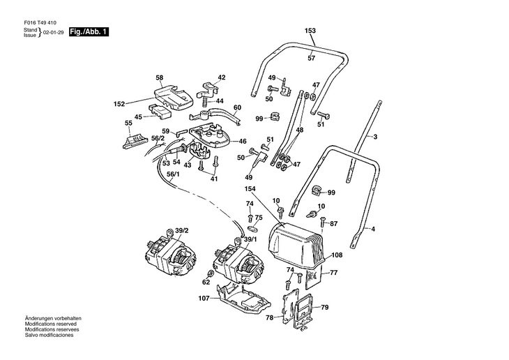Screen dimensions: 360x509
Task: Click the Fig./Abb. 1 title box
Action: pyautogui.click(x=89, y=32)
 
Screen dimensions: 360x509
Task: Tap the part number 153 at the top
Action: pyautogui.click(x=310, y=31)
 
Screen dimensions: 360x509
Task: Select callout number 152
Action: pyautogui.click(x=119, y=104)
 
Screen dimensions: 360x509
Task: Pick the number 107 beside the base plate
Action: pyautogui.click(x=204, y=299)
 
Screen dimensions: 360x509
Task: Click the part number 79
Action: pyautogui.click(x=324, y=307)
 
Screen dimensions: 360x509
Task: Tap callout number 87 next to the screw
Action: pyautogui.click(x=333, y=223)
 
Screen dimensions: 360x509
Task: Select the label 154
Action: pyautogui.click(x=251, y=188)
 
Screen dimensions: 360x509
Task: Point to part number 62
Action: pyautogui.click(x=186, y=283)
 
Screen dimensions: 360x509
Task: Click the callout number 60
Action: pyautogui.click(x=237, y=107)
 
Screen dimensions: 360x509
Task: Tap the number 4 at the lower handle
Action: pyautogui.click(x=372, y=229)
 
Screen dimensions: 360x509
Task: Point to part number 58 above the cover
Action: pyautogui.click(x=159, y=77)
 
